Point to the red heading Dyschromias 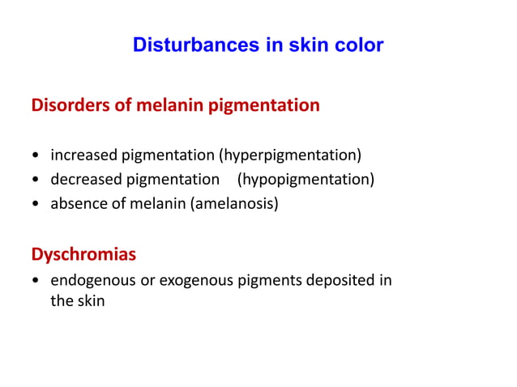[83, 254]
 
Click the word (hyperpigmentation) [284, 155]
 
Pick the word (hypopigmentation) [305, 179]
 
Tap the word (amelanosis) [234, 204]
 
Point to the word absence [79, 204]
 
